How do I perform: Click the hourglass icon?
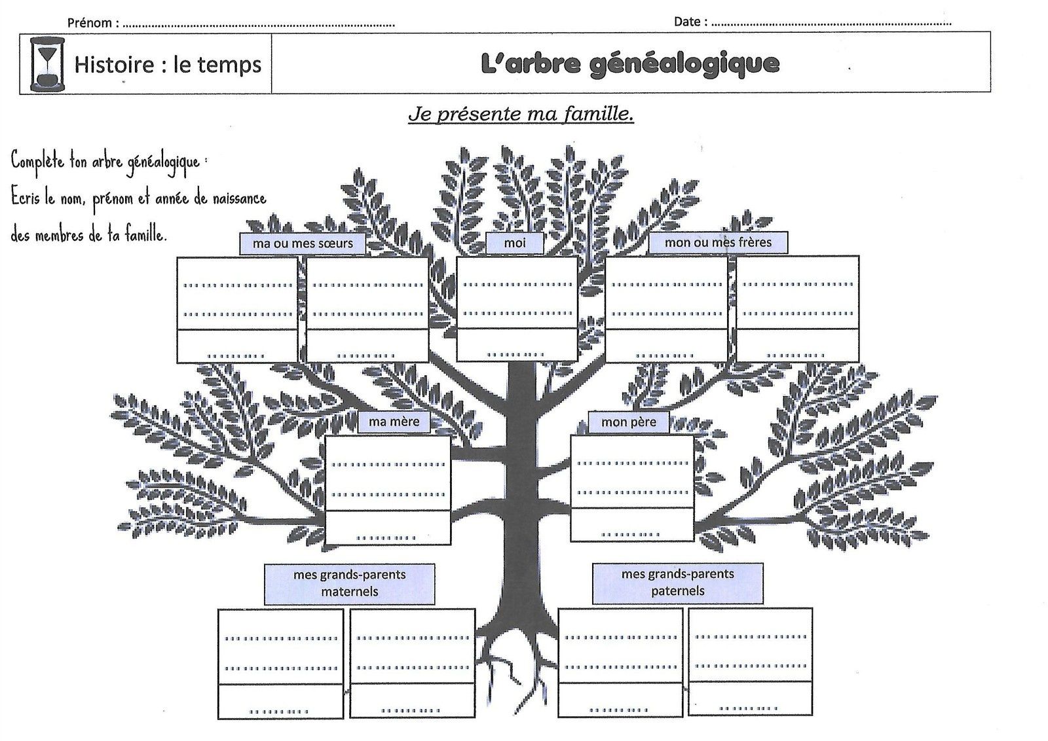pos(47,63)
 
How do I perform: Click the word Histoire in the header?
pos(114,64)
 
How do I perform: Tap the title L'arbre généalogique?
pos(629,64)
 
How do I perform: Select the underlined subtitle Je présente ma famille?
pos(521,114)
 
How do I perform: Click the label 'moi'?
pos(515,243)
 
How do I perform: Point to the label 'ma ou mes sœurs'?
pos(302,244)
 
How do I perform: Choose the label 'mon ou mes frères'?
pos(718,243)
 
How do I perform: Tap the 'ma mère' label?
pos(394,422)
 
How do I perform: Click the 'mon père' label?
pos(628,422)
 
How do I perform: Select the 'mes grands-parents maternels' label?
pos(350,583)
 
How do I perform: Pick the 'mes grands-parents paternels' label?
pos(677,583)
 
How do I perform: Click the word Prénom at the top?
pos(89,23)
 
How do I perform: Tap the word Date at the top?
pos(687,22)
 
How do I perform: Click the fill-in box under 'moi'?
pos(517,309)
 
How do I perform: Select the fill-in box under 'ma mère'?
pos(388,490)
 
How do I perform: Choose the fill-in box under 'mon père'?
pos(632,488)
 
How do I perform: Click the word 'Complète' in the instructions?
pos(37,161)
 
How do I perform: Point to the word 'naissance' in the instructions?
pos(240,199)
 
